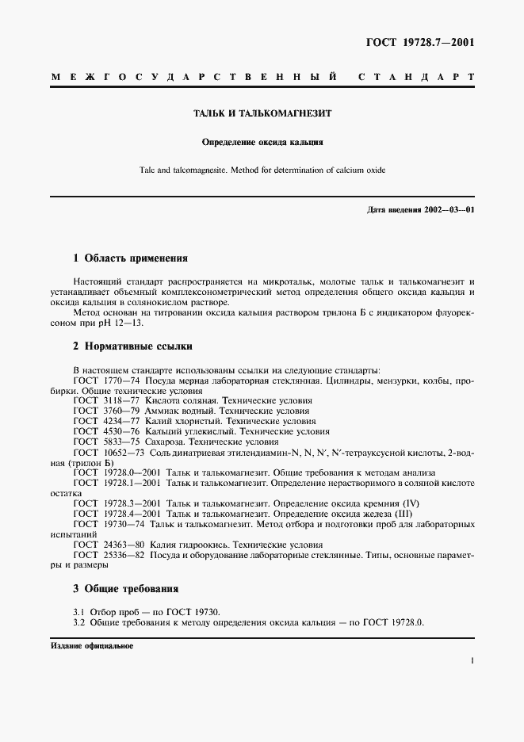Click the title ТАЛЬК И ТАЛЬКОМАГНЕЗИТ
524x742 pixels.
(262, 113)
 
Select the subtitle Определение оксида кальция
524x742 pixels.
(262, 143)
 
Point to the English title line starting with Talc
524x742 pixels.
(262, 170)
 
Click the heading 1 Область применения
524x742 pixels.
(130, 258)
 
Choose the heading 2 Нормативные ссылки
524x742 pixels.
(132, 346)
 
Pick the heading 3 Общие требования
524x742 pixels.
(125, 588)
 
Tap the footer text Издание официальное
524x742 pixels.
(92, 646)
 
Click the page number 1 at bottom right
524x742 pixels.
(472, 660)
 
